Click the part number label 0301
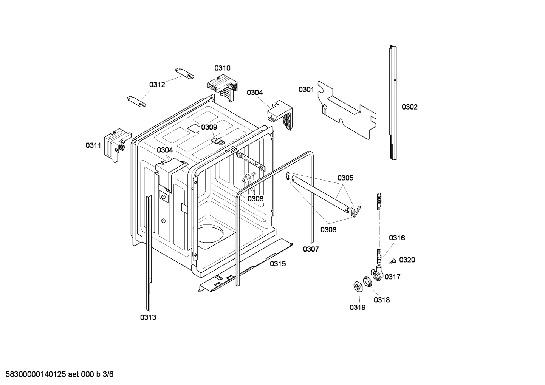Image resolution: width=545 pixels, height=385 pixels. (x=306, y=90)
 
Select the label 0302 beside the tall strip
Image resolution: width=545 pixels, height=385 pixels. (x=409, y=107)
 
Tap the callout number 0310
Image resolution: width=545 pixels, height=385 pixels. (x=222, y=68)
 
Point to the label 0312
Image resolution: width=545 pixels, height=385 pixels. (x=157, y=85)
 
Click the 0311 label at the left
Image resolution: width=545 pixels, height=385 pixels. (x=93, y=145)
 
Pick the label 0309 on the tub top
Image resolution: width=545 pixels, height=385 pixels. (x=209, y=127)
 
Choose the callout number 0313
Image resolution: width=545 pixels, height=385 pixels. (x=148, y=317)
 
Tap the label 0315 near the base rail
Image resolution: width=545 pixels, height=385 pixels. (x=278, y=264)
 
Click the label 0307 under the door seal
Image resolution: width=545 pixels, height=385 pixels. (x=311, y=249)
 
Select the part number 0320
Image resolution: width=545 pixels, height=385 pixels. (x=407, y=260)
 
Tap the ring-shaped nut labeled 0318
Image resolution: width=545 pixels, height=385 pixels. (x=367, y=281)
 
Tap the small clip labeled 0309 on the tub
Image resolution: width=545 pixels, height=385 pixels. (x=217, y=141)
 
